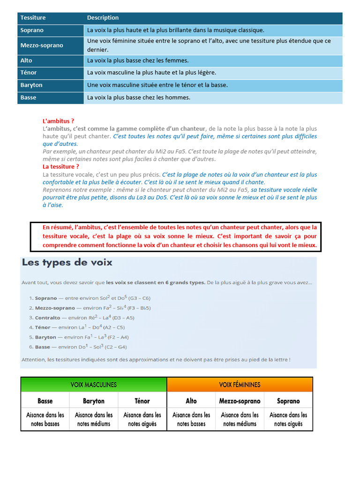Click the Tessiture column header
click(x=33, y=18)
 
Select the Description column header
click(x=103, y=18)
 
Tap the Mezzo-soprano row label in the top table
click(x=42, y=45)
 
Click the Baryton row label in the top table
click(x=31, y=85)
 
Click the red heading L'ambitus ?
click(x=59, y=121)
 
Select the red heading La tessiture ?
click(x=61, y=167)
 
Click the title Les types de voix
click(x=67, y=262)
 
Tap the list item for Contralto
click(x=84, y=317)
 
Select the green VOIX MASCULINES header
click(x=94, y=385)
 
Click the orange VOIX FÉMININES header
click(x=240, y=385)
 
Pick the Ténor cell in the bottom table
click(x=142, y=401)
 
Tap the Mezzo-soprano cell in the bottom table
click(x=240, y=401)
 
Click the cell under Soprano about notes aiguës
click(x=288, y=420)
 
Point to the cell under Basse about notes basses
click(x=45, y=420)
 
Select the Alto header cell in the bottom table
click(x=191, y=401)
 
